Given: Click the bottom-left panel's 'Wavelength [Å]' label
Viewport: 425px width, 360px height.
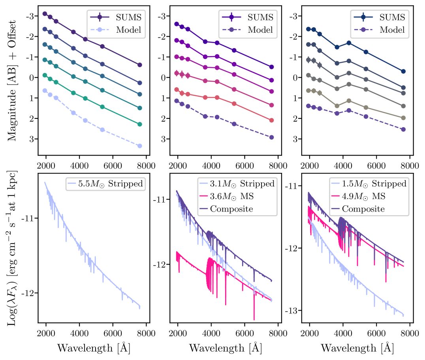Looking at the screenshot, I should click(94, 348).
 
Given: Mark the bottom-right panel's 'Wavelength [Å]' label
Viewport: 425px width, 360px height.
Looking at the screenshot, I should click(357, 348).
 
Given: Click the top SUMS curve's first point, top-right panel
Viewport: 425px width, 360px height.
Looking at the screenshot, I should click(308, 29).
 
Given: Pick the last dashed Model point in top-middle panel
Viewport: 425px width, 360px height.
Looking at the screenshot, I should click(271, 137).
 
